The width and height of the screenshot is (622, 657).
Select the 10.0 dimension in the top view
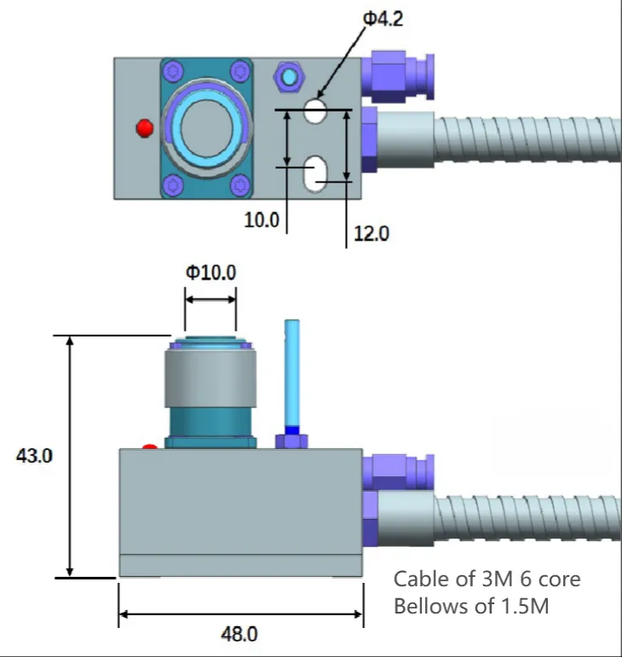[262, 220]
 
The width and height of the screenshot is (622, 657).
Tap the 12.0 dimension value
[371, 233]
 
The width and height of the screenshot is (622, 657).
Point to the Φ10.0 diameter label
[210, 274]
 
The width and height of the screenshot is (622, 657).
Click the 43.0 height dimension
[35, 456]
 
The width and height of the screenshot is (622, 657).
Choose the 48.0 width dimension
[239, 634]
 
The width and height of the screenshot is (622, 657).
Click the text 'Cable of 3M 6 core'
[487, 579]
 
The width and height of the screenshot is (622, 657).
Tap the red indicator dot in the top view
[144, 128]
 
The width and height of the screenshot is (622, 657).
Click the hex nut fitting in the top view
[288, 78]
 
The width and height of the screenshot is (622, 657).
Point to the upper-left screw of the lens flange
[174, 71]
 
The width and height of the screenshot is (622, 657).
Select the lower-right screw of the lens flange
[241, 182]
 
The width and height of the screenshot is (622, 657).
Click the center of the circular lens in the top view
[207, 126]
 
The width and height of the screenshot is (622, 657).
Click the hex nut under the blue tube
[291, 440]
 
